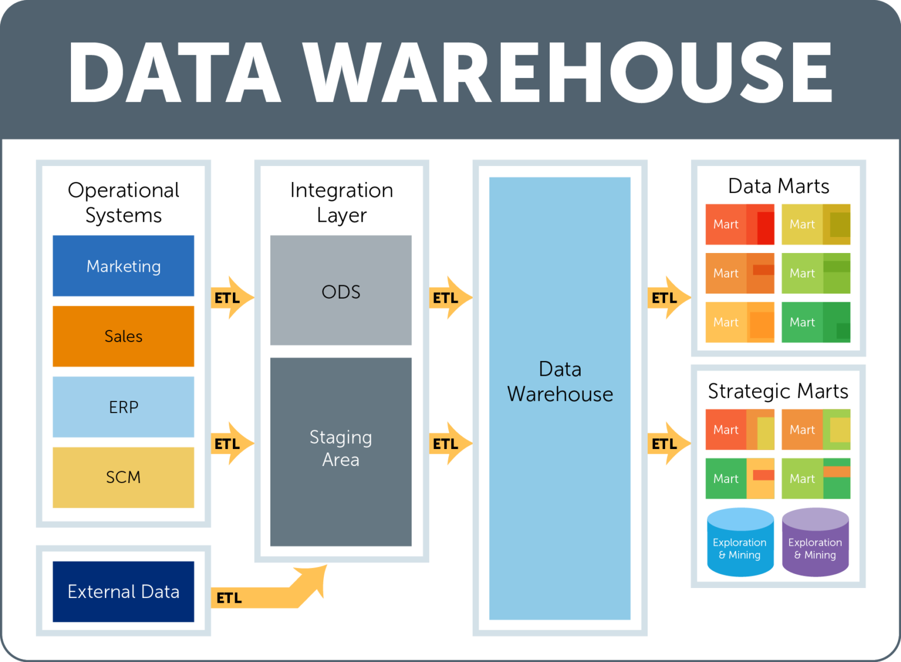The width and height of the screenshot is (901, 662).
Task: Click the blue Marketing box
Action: coord(123,266)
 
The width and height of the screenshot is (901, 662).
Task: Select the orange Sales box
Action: coord(123,336)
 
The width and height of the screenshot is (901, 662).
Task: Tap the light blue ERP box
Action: coord(123,407)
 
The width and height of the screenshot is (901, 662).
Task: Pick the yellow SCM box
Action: coord(123,477)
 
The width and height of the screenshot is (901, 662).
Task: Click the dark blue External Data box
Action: coord(123,592)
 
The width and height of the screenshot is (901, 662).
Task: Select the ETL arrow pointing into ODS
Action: coord(232,298)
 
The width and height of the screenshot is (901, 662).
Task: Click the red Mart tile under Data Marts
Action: coord(740,224)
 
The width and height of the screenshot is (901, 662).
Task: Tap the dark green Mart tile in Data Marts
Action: coord(816,322)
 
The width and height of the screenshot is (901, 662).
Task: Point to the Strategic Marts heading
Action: coord(778,391)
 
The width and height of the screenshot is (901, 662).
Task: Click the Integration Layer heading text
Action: coord(341,202)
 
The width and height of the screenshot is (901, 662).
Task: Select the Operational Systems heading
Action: coord(123,202)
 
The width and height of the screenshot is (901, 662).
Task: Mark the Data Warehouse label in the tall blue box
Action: coord(560,381)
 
